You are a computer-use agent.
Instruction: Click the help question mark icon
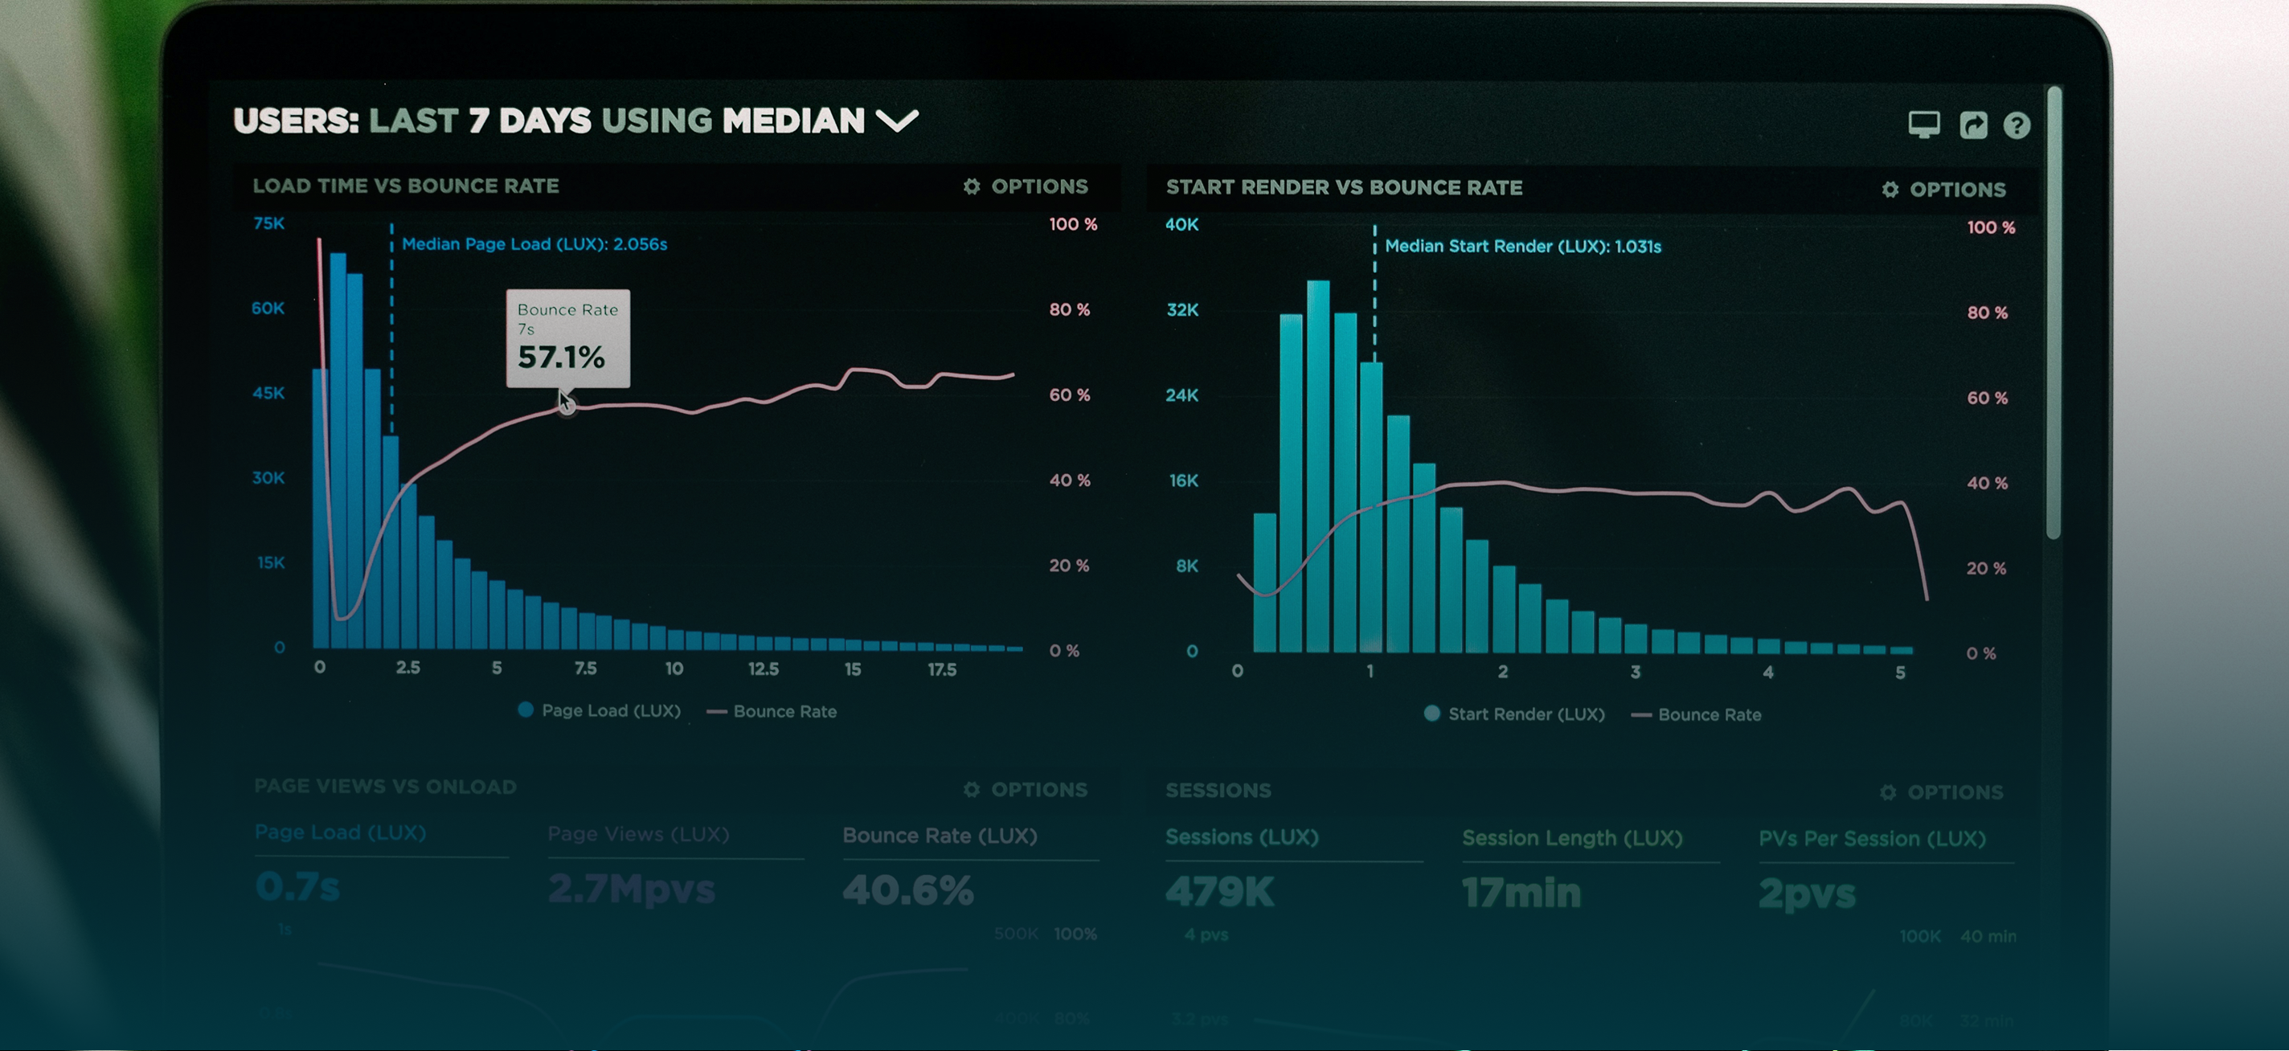[2017, 125]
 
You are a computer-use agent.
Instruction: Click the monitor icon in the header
[1924, 125]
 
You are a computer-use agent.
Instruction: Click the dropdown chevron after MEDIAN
[897, 121]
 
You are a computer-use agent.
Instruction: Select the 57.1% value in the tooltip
[561, 357]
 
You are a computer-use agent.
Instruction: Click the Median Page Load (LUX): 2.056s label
[534, 244]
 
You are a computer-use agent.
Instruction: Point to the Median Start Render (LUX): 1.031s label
[1522, 246]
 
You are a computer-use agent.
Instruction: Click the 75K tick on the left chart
[268, 223]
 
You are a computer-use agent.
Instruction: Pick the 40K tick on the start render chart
[1181, 225]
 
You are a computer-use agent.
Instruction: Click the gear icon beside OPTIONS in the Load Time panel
[971, 186]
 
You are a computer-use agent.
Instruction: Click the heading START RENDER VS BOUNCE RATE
[1344, 187]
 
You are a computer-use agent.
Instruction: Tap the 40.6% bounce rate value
[907, 890]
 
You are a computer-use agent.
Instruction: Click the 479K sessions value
[1219, 892]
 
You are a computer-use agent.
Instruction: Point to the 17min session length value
[1521, 893]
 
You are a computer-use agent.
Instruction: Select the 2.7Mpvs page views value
[631, 889]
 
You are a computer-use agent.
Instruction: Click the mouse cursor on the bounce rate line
[565, 403]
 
